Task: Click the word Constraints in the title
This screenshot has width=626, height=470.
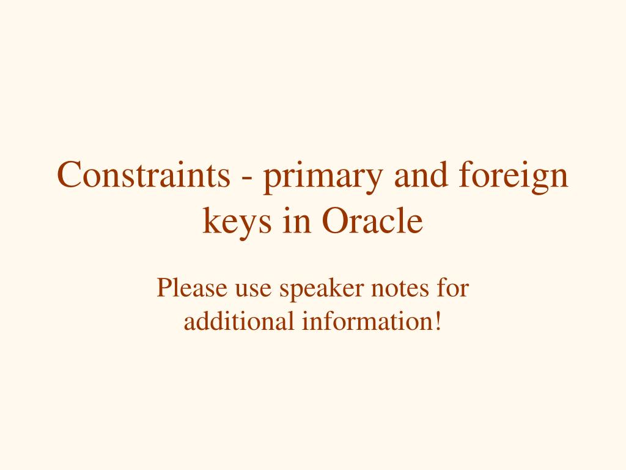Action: [144, 174]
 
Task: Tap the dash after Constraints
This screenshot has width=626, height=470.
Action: [247, 177]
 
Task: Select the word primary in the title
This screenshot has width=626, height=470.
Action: [323, 177]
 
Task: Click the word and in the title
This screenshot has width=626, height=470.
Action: [421, 174]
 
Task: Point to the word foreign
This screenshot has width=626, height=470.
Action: [514, 176]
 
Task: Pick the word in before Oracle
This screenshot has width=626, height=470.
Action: [296, 220]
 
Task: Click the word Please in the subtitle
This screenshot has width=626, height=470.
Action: [192, 287]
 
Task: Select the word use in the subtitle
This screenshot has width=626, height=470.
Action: [253, 290]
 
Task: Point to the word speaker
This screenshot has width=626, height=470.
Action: [322, 289]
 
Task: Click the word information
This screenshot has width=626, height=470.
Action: [367, 321]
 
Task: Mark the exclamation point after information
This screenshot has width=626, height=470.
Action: [438, 321]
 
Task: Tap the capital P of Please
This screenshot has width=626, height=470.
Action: [164, 287]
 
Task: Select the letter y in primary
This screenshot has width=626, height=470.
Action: [375, 182]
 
